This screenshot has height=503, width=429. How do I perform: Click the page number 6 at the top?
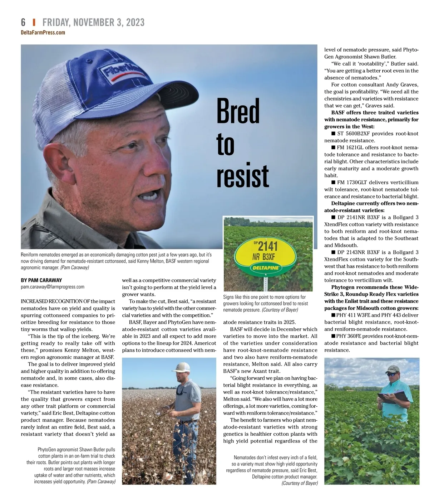click(x=23, y=22)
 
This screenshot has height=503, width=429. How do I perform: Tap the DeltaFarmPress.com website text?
click(x=43, y=33)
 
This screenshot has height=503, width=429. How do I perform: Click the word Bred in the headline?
click(x=238, y=111)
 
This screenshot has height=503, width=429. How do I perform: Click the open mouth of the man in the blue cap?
click(x=149, y=195)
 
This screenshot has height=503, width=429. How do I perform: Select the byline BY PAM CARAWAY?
click(x=41, y=280)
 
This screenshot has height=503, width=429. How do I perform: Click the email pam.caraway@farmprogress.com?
click(x=53, y=287)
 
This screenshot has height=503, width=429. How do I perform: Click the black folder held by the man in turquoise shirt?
click(x=393, y=396)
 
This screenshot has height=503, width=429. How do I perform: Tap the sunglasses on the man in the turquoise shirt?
click(x=393, y=373)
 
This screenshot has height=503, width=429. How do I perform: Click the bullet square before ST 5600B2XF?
click(x=333, y=134)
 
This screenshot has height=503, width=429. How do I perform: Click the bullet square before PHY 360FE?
click(x=333, y=336)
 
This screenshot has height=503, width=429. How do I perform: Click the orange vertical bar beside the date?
click(x=34, y=22)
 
